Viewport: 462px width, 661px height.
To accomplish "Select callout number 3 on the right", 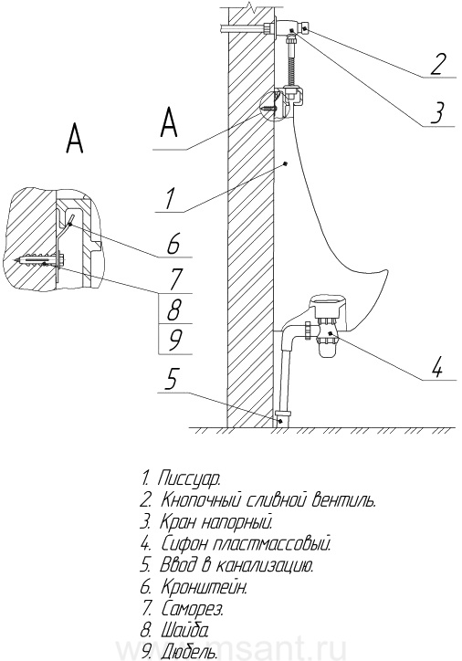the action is pyautogui.click(x=438, y=111).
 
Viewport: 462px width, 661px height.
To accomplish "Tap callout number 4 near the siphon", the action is pyautogui.click(x=436, y=367).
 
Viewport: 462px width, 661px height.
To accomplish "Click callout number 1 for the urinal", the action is pyautogui.click(x=170, y=198).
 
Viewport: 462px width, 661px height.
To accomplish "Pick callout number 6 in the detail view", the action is pyautogui.click(x=173, y=244).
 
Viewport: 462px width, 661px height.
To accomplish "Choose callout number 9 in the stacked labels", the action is pyautogui.click(x=173, y=340).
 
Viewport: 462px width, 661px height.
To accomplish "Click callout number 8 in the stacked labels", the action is pyautogui.click(x=173, y=309).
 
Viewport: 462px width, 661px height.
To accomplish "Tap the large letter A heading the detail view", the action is pyautogui.click(x=75, y=138).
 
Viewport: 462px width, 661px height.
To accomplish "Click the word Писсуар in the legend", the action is pyautogui.click(x=189, y=479).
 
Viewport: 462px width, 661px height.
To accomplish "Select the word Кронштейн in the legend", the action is pyautogui.click(x=204, y=587).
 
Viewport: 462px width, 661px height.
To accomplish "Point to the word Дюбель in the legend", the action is pyautogui.click(x=189, y=653).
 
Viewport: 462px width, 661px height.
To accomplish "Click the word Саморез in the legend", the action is pyautogui.click(x=193, y=609).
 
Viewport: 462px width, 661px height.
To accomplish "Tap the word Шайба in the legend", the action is pyautogui.click(x=184, y=631).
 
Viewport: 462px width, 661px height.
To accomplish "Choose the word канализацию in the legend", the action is pyautogui.click(x=265, y=565).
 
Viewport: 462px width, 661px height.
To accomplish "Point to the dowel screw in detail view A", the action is pyautogui.click(x=40, y=260).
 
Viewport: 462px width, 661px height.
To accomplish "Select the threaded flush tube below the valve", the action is pyautogui.click(x=291, y=63).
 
